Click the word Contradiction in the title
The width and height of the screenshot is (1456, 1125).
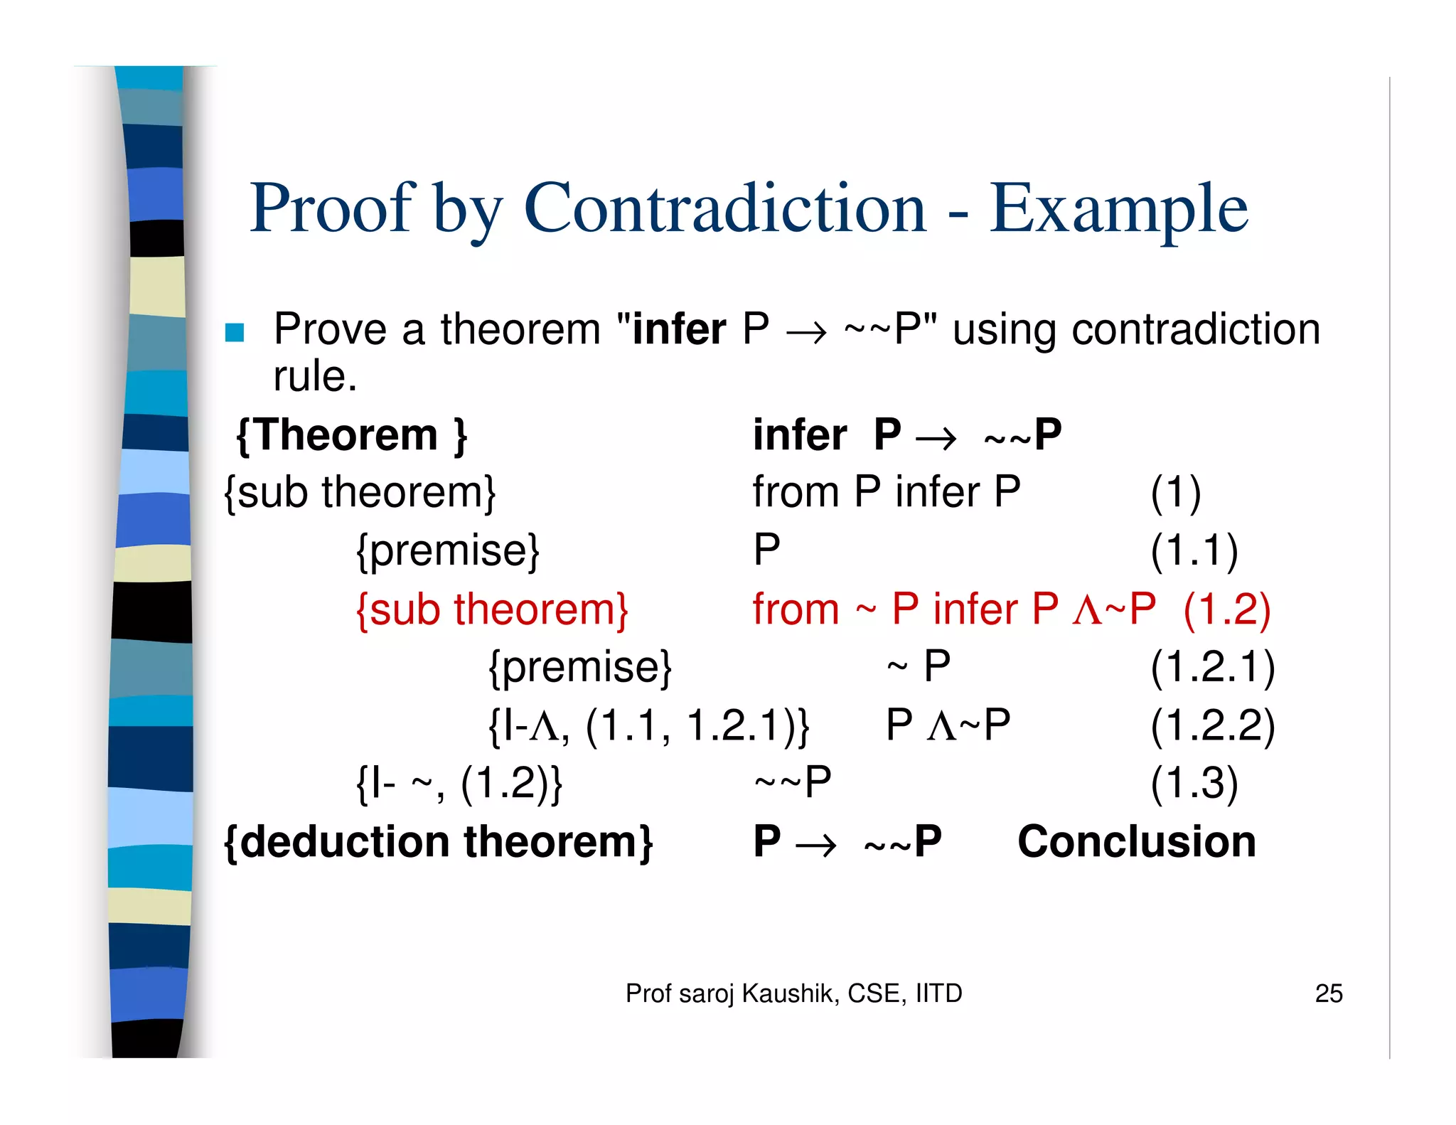[725, 208]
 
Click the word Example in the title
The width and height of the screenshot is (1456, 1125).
[1119, 209]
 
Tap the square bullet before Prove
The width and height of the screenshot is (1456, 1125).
[235, 332]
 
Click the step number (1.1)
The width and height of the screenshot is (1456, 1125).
[1194, 550]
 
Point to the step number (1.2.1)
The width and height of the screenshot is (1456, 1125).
[1213, 667]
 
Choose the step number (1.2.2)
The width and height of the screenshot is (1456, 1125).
[1213, 725]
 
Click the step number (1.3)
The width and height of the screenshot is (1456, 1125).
[1194, 784]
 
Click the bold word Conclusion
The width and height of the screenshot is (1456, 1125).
[1136, 842]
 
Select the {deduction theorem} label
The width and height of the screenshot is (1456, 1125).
[438, 842]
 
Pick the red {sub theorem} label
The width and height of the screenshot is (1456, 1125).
[492, 609]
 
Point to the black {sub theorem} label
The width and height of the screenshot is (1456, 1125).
[360, 492]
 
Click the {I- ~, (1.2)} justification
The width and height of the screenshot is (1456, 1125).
[459, 784]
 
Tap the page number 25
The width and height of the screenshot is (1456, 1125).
[1328, 993]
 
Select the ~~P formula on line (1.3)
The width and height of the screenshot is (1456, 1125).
[793, 783]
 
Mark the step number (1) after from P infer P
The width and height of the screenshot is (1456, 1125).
[1176, 492]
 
